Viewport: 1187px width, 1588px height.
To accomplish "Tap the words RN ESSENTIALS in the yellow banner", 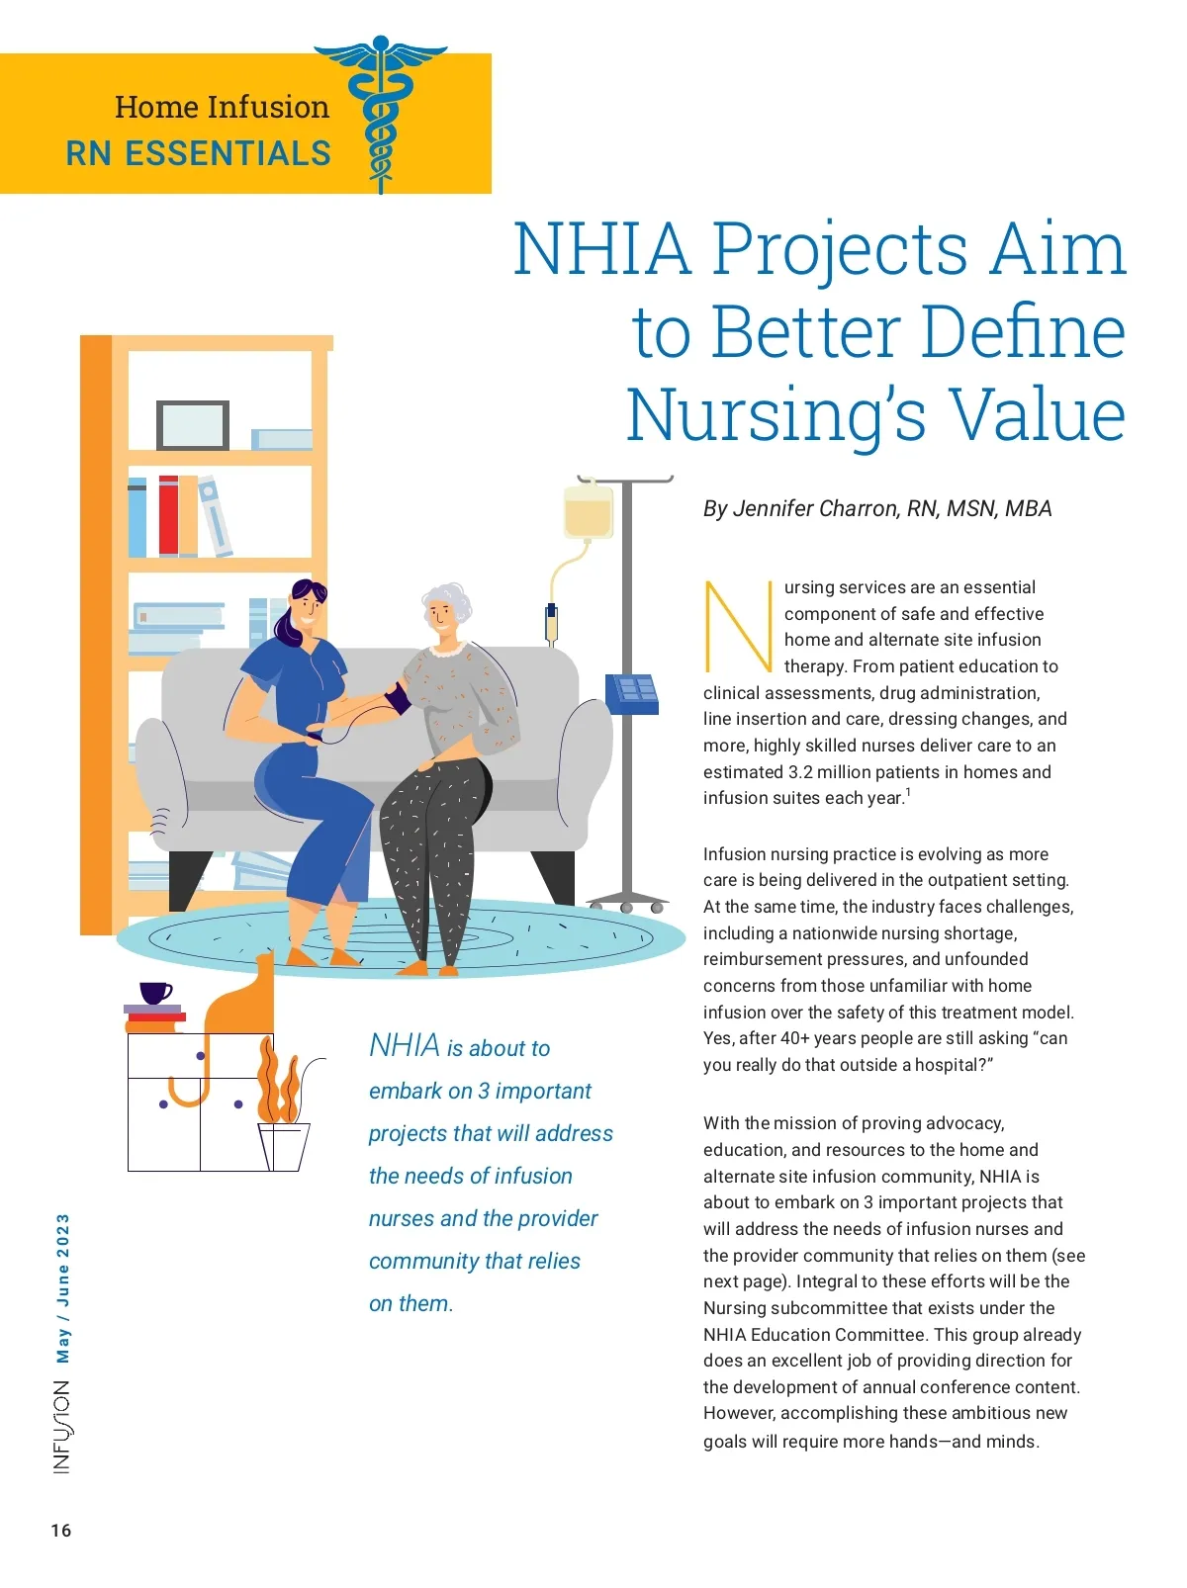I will (198, 154).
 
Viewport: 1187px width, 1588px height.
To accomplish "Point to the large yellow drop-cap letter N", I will (737, 626).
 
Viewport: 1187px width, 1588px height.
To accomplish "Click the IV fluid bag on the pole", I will (588, 510).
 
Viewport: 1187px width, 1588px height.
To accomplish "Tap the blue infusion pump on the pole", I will (632, 692).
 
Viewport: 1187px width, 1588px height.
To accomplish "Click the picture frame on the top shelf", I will (193, 425).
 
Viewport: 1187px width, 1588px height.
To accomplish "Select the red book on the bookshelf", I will (168, 516).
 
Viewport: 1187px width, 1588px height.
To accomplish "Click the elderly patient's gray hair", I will (448, 598).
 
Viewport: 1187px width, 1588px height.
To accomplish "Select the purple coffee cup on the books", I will (155, 992).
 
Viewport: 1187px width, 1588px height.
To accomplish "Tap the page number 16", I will (61, 1531).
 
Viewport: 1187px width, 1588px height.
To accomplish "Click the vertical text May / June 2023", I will (63, 1287).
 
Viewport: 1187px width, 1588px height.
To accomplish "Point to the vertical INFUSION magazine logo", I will (61, 1427).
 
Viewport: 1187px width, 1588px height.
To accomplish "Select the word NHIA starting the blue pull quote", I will (404, 1045).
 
